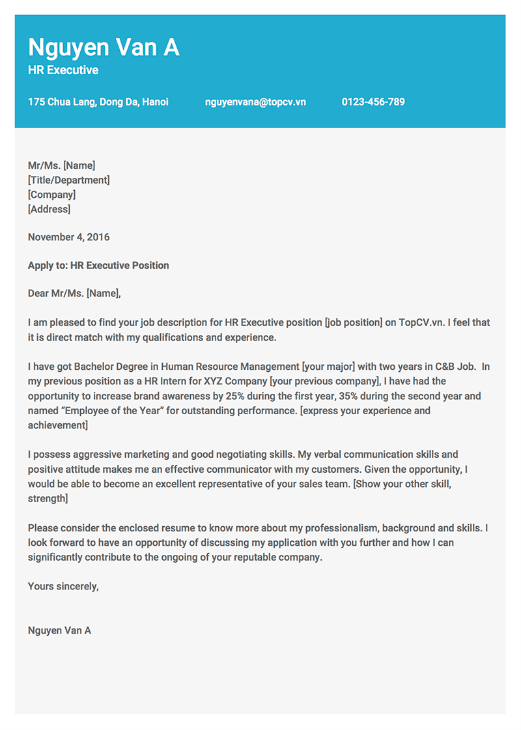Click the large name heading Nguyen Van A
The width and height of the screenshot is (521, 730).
pyautogui.click(x=104, y=48)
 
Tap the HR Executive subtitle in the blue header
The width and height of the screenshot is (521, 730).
pyautogui.click(x=63, y=70)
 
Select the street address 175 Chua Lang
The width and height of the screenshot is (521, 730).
pyautogui.click(x=98, y=102)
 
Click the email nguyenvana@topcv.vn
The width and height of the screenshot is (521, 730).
pyautogui.click(x=255, y=102)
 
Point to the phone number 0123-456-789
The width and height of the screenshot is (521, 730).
pyautogui.click(x=373, y=102)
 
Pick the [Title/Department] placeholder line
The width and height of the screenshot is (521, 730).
pyautogui.click(x=68, y=180)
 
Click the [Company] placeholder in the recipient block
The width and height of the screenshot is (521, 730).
pyautogui.click(x=51, y=195)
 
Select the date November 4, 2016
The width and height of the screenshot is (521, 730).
pyautogui.click(x=68, y=238)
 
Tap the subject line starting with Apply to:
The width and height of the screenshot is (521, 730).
pyautogui.click(x=98, y=266)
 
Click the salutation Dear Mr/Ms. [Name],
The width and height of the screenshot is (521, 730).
pyautogui.click(x=74, y=294)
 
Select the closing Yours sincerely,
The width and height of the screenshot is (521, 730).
pyautogui.click(x=63, y=586)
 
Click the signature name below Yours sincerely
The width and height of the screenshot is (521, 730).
pyautogui.click(x=59, y=630)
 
